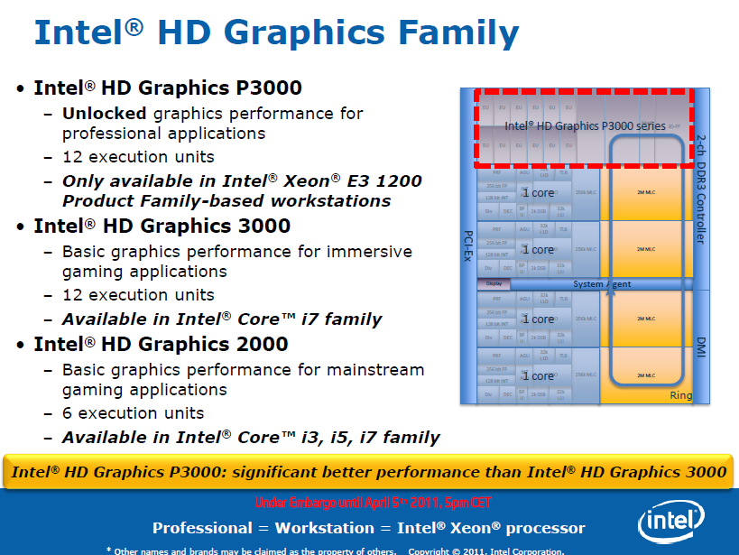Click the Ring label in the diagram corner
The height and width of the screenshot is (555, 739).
click(x=680, y=395)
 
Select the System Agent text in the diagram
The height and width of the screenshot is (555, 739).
click(x=602, y=284)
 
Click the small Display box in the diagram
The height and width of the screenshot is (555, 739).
click(x=494, y=283)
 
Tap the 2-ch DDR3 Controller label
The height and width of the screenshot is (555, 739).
click(x=701, y=190)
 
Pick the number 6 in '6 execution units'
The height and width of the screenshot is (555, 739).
click(x=68, y=413)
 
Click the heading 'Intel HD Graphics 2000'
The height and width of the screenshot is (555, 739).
click(x=161, y=344)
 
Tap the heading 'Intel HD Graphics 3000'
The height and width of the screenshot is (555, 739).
click(x=161, y=226)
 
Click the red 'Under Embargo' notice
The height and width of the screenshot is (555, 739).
click(x=373, y=503)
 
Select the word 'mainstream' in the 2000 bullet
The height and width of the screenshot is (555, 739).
click(x=374, y=370)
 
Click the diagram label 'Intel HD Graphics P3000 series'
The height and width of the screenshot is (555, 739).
click(x=585, y=125)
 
